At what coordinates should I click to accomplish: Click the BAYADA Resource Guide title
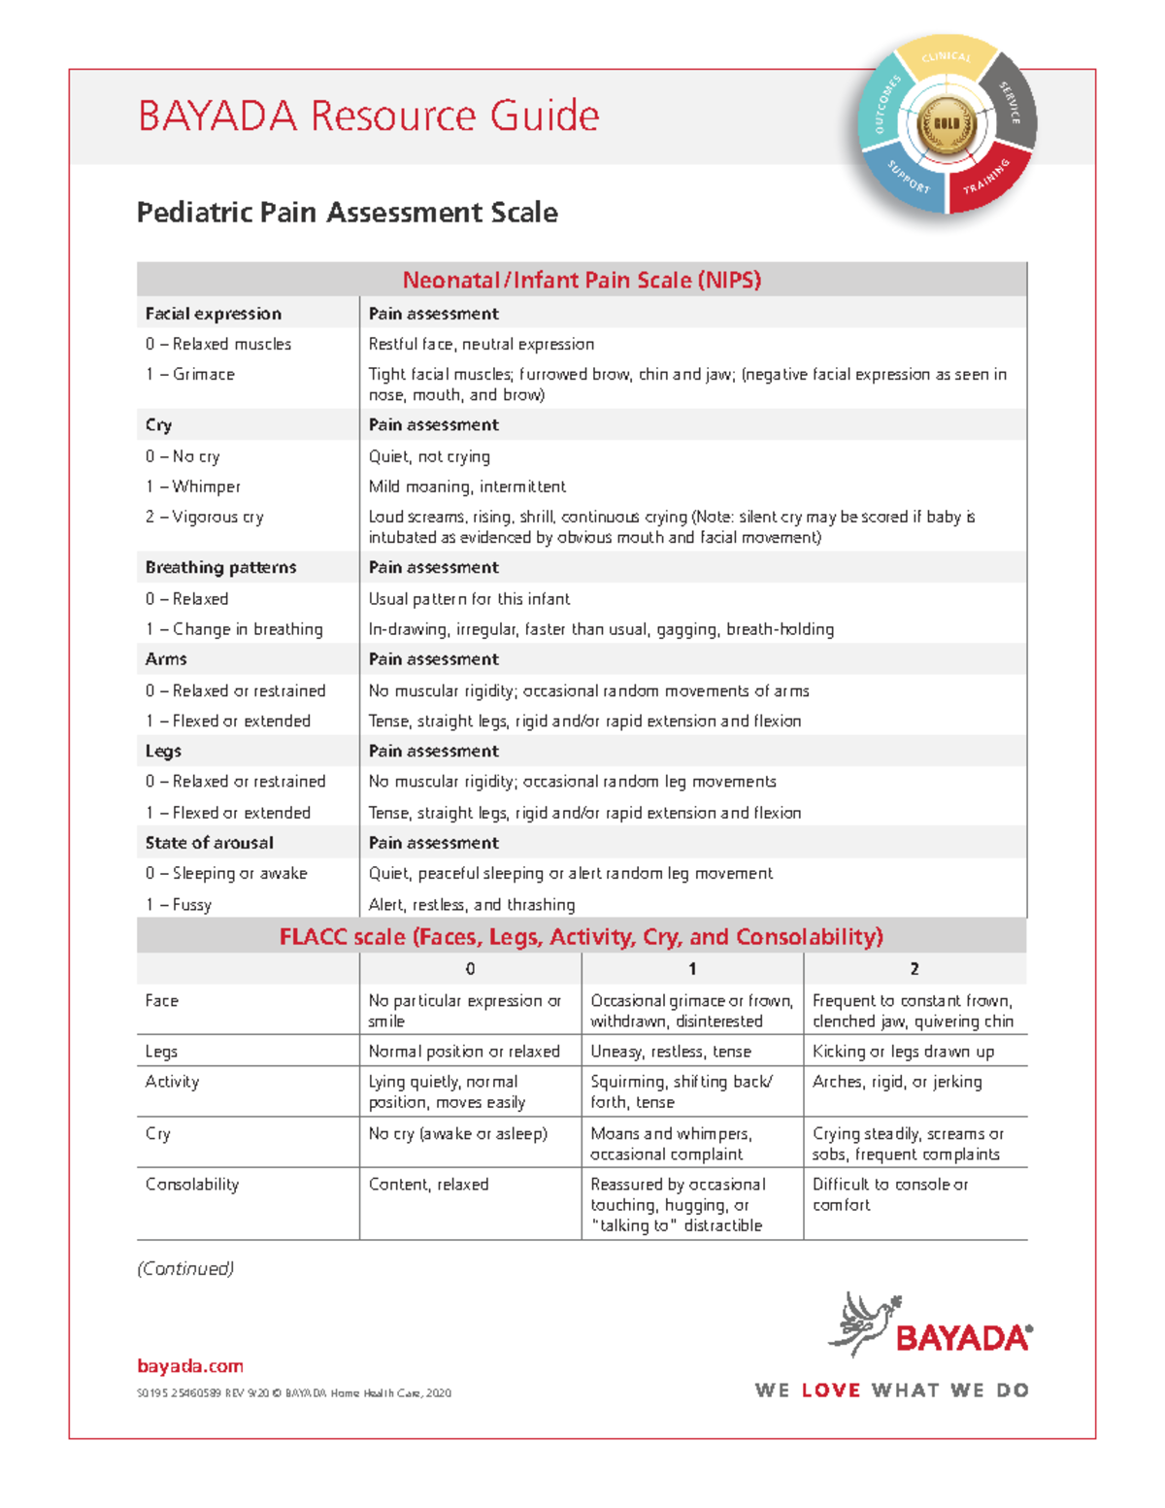coord(368,116)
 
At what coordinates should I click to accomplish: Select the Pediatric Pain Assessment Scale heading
coord(347,213)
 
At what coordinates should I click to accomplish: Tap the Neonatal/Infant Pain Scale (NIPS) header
coord(582,280)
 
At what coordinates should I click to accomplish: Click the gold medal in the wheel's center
coord(946,124)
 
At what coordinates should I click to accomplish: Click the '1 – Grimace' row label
coord(190,374)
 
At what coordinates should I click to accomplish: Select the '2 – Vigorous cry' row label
coord(205,517)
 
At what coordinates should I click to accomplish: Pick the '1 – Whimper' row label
coord(193,486)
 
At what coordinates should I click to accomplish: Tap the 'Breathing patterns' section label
coord(220,567)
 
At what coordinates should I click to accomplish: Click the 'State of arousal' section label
coord(209,843)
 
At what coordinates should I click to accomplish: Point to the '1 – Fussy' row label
coord(179,904)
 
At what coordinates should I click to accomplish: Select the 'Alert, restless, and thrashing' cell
coord(472,904)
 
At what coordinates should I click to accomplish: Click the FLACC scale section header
coord(582,936)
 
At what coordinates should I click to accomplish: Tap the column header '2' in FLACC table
coord(915,968)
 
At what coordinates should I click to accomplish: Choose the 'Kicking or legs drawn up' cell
coord(903,1052)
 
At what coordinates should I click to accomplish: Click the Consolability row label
coord(192,1185)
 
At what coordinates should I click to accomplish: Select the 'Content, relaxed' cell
coord(428,1185)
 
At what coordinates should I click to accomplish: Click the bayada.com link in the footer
coord(190,1366)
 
